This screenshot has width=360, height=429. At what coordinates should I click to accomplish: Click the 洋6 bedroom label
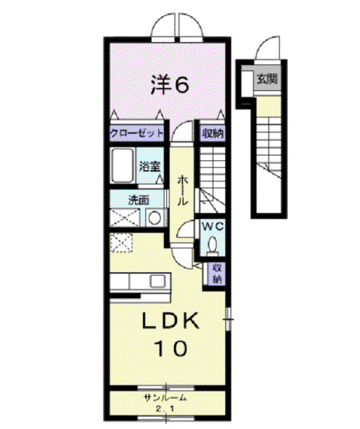click(x=170, y=84)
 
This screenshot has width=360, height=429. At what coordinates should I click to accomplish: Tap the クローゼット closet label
click(x=137, y=133)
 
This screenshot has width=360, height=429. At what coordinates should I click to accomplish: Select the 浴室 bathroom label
click(x=149, y=166)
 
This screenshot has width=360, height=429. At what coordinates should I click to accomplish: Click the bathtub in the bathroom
click(x=123, y=165)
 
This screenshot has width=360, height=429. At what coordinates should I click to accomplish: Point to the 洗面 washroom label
click(x=139, y=201)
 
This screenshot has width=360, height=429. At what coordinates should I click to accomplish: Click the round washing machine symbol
click(x=155, y=218)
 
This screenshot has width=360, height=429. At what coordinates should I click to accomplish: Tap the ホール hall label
click(x=183, y=191)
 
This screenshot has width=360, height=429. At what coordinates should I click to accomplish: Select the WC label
click(x=212, y=226)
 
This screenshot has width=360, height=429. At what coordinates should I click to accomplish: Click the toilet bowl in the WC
click(x=213, y=244)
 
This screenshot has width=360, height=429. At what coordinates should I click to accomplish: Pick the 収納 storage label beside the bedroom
click(x=213, y=133)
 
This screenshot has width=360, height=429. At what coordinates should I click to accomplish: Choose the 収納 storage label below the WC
click(x=218, y=273)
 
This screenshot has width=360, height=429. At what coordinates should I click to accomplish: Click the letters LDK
click(x=170, y=321)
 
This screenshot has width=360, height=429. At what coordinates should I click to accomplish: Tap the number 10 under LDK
click(x=172, y=349)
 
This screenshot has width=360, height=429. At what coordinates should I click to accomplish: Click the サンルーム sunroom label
click(x=165, y=398)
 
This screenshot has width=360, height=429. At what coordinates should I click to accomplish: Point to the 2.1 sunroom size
click(x=165, y=409)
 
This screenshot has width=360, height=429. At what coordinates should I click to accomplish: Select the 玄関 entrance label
click(x=267, y=80)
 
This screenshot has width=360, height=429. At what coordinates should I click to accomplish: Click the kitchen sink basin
click(x=158, y=281)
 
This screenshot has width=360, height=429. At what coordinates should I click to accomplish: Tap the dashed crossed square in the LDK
click(x=121, y=242)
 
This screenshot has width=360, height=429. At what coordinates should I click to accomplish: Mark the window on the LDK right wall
click(x=229, y=319)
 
